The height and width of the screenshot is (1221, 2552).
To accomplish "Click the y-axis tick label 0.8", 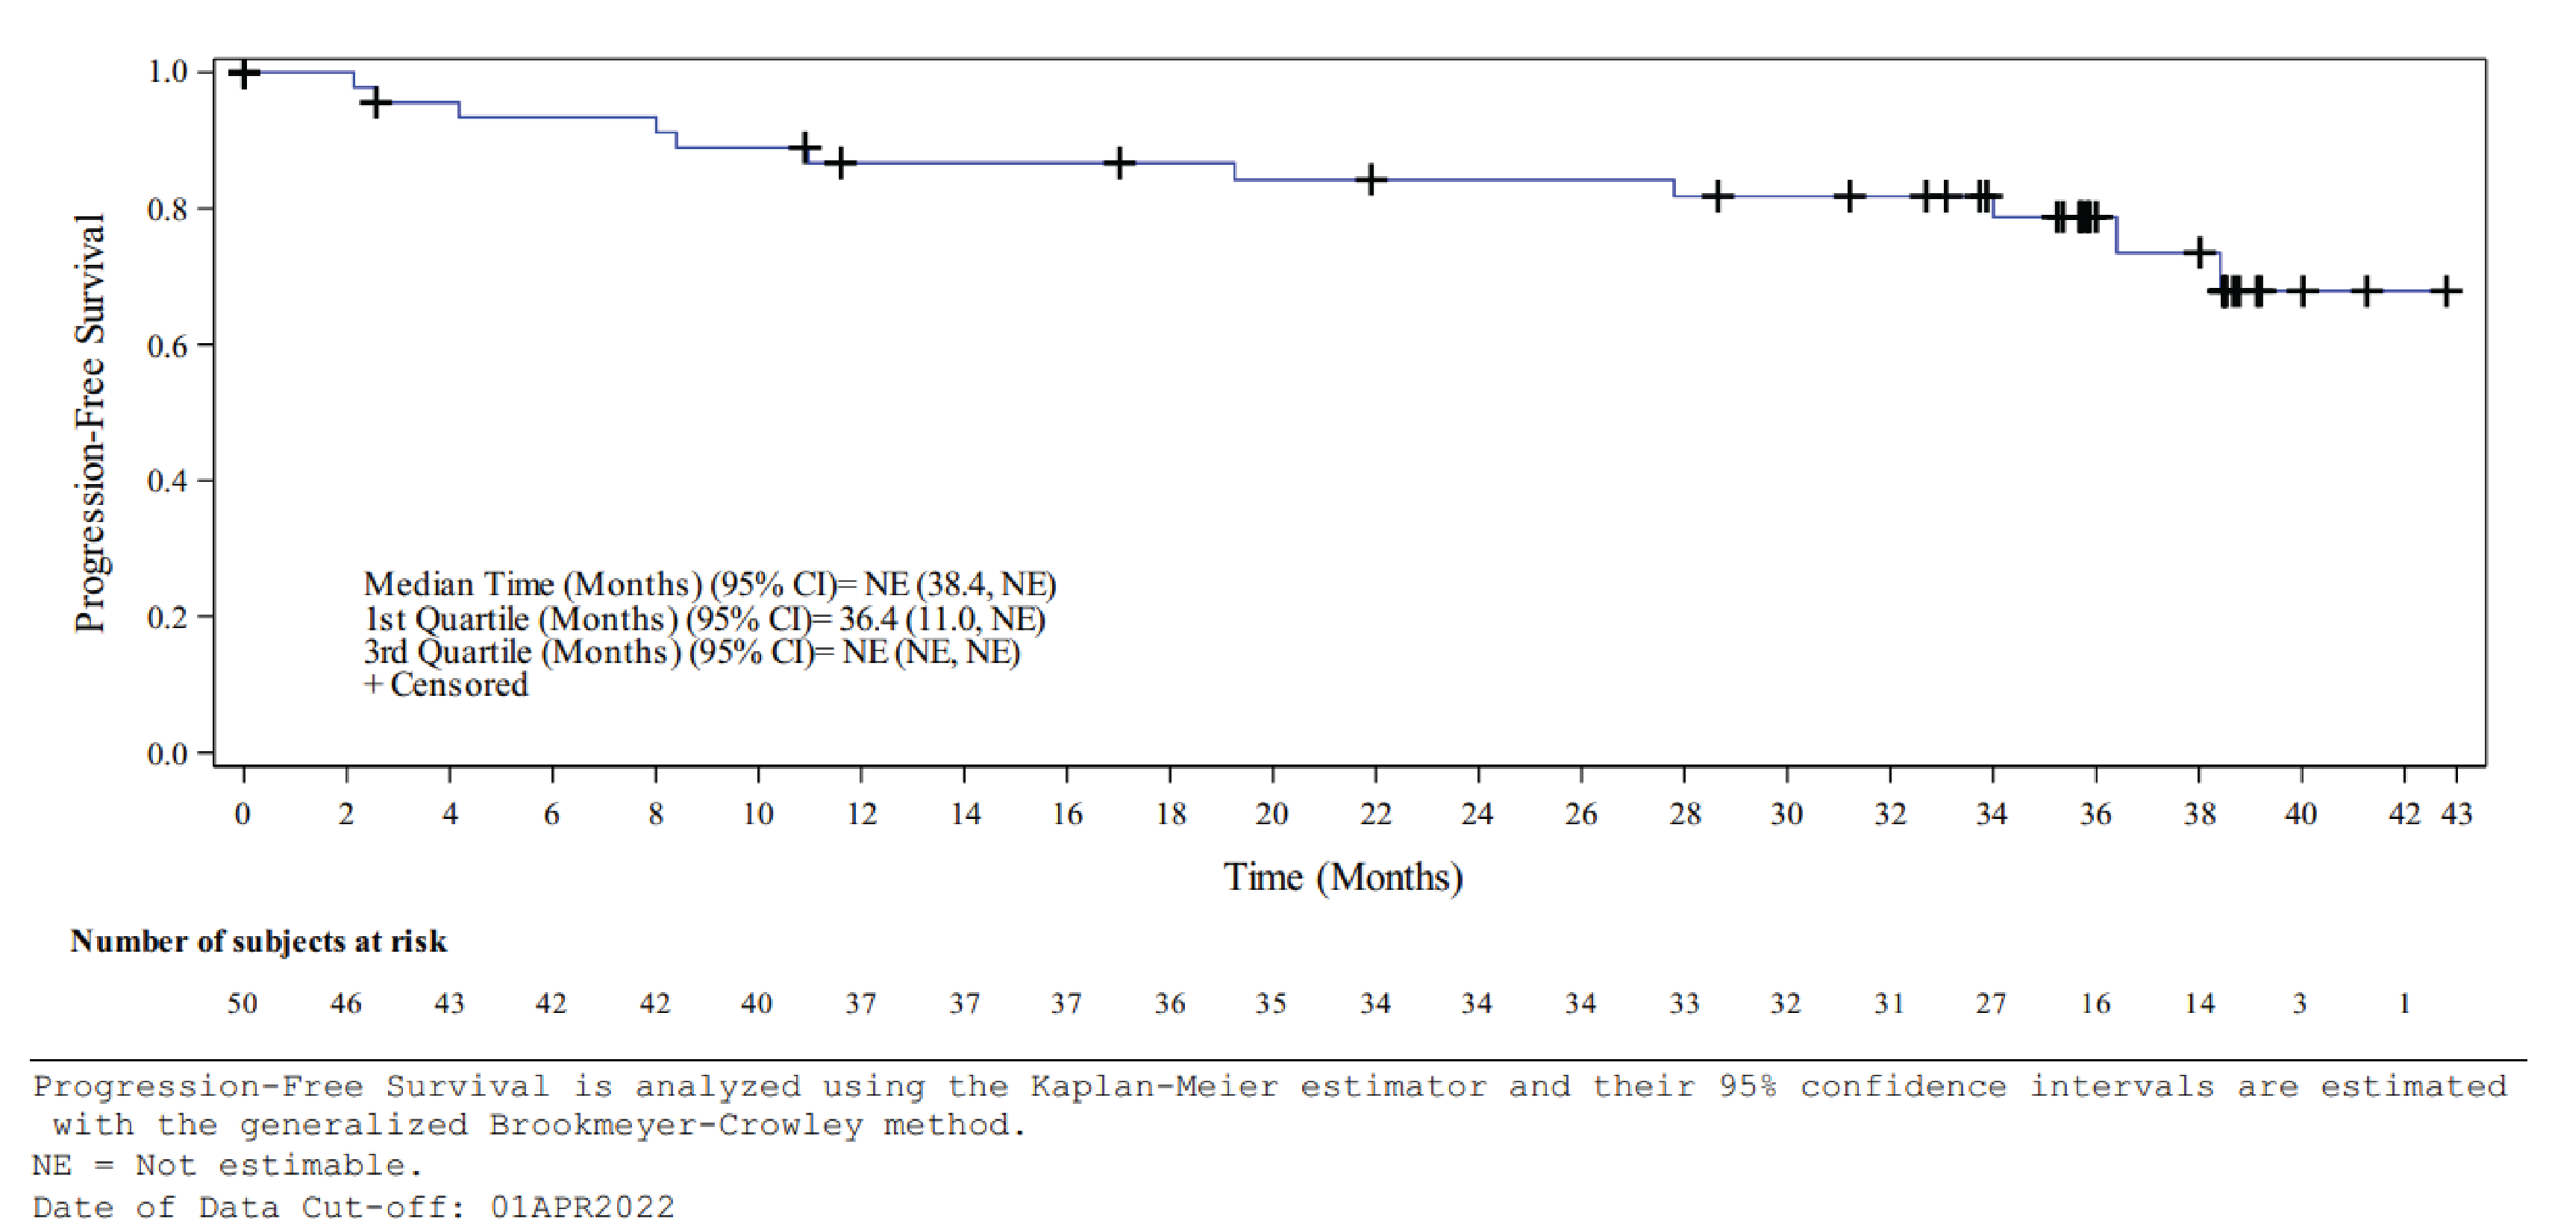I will [x=166, y=209].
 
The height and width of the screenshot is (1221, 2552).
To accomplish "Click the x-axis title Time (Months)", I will [x=1342, y=877].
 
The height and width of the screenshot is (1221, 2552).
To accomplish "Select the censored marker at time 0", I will [x=244, y=72].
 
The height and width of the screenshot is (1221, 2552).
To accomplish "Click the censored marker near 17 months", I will [x=1119, y=163].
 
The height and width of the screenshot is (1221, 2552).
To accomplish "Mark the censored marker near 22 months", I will [x=1371, y=181].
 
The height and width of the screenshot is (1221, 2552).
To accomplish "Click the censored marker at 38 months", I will [x=2199, y=253].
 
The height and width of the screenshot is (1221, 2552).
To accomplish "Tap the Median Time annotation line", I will [x=710, y=584].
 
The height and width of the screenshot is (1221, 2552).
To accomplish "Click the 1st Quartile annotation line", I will [x=704, y=619].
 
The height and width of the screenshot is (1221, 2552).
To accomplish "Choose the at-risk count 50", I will [x=243, y=1003].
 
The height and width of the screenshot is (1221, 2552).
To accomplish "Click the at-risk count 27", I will [x=1992, y=1003].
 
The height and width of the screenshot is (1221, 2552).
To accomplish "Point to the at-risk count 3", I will [x=2299, y=1003].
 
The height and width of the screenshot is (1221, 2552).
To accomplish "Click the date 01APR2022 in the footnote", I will [x=583, y=1207].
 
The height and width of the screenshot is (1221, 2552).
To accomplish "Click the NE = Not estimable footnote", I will [x=228, y=1166].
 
